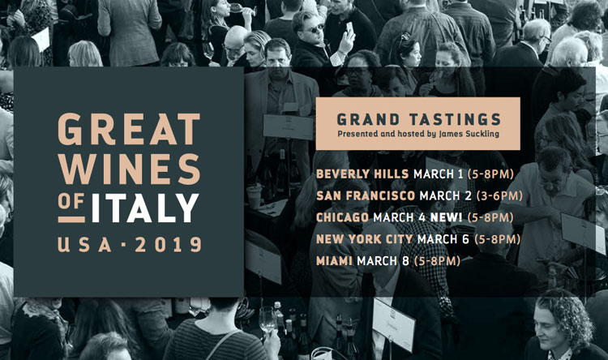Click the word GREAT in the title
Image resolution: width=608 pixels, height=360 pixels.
[x=129, y=129]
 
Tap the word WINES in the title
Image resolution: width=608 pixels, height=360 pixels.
[x=129, y=169]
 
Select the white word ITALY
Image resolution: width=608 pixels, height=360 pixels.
[x=145, y=208]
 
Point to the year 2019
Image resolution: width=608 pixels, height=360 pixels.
[x=168, y=244]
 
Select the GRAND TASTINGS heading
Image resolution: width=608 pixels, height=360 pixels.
[x=419, y=119]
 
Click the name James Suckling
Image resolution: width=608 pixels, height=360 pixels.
[x=469, y=135]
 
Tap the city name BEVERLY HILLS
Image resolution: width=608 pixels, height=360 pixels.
[x=362, y=174]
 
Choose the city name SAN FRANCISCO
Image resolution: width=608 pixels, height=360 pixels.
[x=366, y=195]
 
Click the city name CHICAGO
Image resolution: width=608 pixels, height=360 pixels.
[x=342, y=217]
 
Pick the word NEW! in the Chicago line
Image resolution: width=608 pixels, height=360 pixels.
[x=447, y=217]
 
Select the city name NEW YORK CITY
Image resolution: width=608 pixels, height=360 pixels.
[x=365, y=239]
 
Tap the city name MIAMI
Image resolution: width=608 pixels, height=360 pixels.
[x=334, y=261]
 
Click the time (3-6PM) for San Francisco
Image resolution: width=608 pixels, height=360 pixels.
[x=499, y=195]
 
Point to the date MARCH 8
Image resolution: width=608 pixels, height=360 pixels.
[x=383, y=261]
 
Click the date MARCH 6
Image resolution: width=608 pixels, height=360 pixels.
[x=443, y=239]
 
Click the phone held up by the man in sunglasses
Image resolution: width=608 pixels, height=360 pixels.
[x=349, y=27]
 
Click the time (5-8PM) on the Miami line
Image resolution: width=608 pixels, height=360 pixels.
[x=437, y=261]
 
